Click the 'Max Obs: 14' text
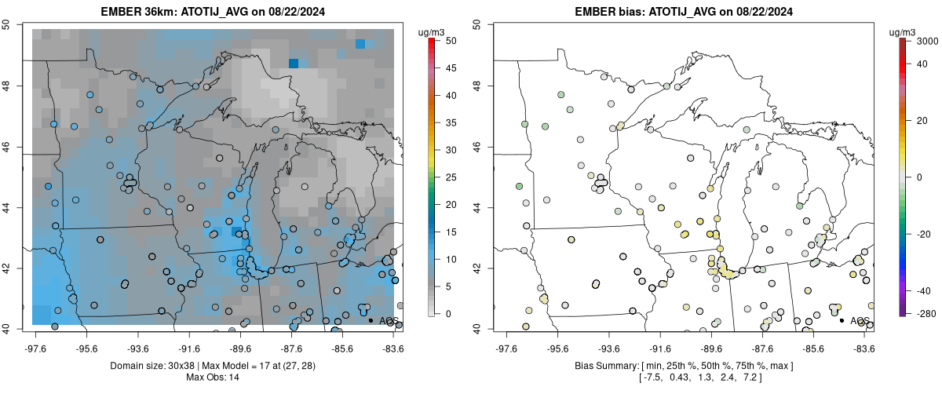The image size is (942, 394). pos(214,378)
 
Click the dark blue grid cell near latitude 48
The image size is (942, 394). pos(294,63)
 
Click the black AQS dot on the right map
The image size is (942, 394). pos(842,320)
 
